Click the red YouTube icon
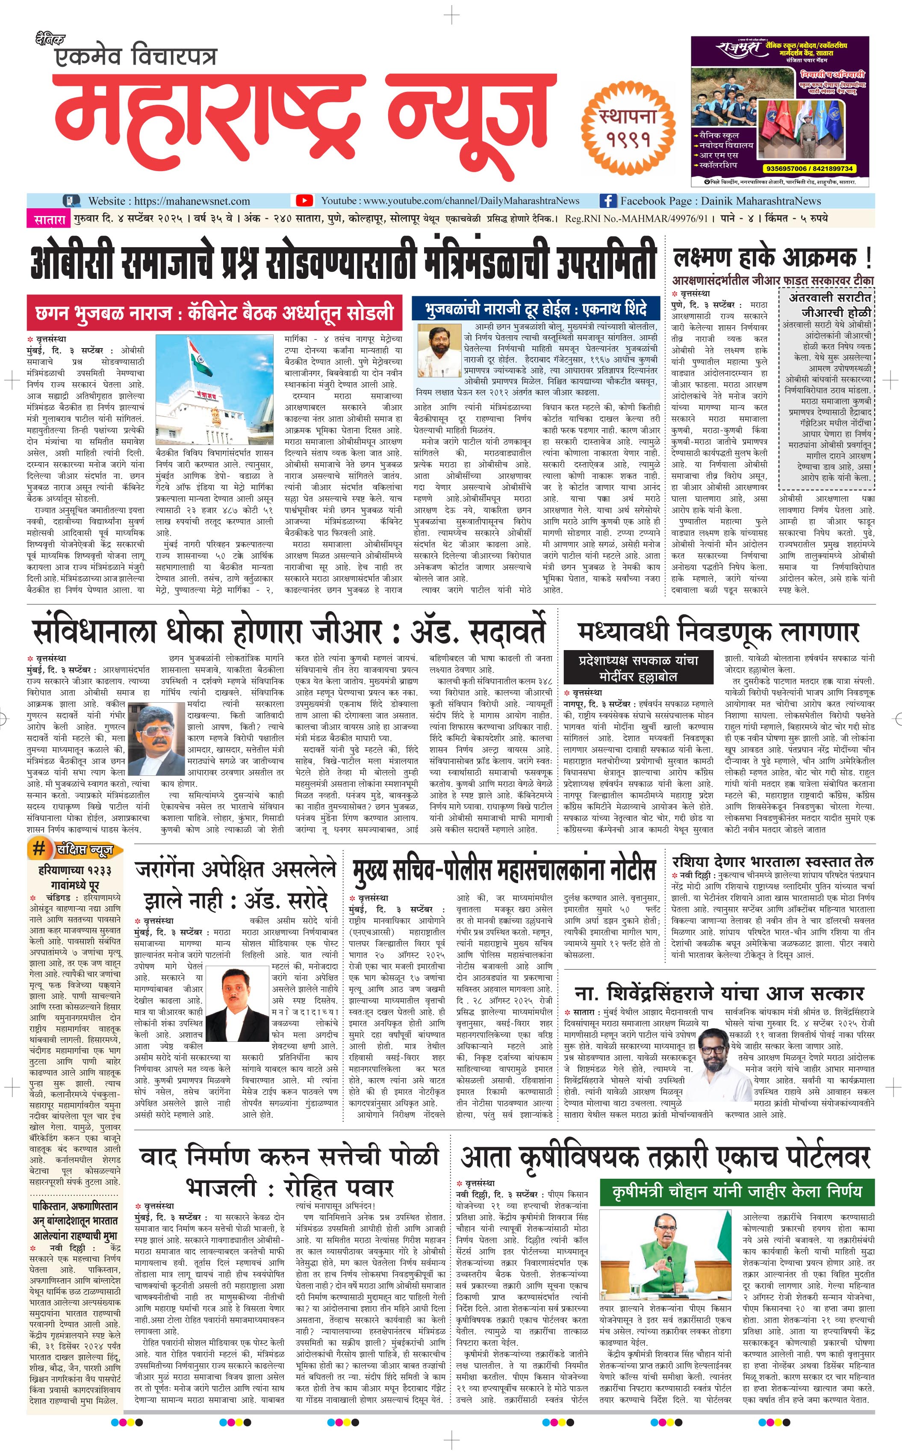[x=304, y=201]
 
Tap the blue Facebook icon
[x=607, y=201]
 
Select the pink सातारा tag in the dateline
[x=48, y=219]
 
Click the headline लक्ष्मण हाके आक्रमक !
[x=772, y=258]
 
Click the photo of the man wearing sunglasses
[x=156, y=738]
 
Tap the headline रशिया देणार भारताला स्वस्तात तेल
[x=772, y=861]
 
